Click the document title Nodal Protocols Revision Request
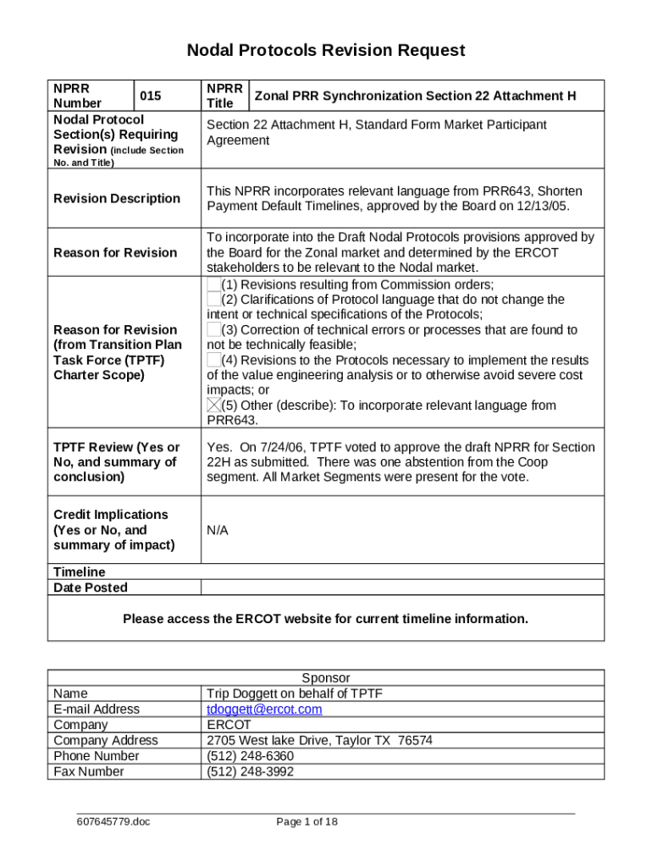(x=326, y=51)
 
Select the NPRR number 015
(x=151, y=96)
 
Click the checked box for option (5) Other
(x=213, y=406)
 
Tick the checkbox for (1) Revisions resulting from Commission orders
(x=213, y=284)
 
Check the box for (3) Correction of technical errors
(x=213, y=330)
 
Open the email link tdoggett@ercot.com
(x=264, y=710)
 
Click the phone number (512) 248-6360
(x=251, y=756)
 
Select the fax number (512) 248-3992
(x=251, y=771)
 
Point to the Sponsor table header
(x=326, y=678)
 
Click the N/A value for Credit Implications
(x=218, y=530)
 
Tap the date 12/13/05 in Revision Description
(x=543, y=207)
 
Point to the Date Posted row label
(x=91, y=588)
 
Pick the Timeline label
(x=80, y=572)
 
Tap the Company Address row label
(x=106, y=741)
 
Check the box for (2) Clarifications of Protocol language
(x=213, y=300)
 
